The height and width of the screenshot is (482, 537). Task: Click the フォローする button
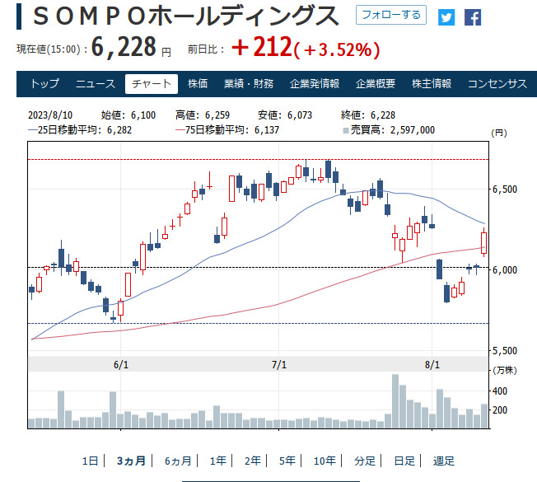391,15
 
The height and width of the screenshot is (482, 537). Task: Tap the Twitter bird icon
446,16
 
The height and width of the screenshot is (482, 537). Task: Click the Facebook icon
472,16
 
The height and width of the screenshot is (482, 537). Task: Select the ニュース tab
96,83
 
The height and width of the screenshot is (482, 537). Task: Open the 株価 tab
198,83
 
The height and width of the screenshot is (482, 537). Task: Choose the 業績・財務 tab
248,83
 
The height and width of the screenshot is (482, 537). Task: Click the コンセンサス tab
497,83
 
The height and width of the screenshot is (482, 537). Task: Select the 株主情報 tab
432,83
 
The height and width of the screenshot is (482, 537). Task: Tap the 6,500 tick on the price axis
504,190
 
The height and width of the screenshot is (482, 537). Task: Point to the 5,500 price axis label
504,350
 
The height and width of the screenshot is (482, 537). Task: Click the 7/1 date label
278,364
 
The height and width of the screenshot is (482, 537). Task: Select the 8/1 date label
432,364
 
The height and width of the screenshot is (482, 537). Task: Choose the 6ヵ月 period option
178,461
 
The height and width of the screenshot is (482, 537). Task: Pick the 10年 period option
325,461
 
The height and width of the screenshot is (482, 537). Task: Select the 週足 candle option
443,461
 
